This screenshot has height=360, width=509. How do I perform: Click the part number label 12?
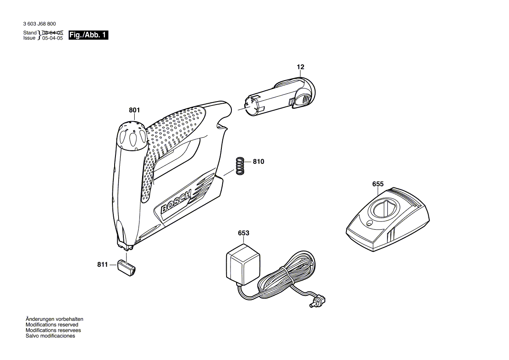pos(301,67)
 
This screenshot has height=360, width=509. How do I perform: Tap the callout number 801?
pos(135,111)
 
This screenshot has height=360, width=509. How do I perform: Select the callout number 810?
pos(258,161)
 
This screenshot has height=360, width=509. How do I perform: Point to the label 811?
pos(102,264)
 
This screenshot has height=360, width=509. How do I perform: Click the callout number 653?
pos(244,233)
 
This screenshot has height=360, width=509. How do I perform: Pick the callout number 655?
pos(378,184)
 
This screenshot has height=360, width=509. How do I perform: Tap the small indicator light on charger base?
pos(369,224)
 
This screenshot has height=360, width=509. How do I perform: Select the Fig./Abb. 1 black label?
pos(88,35)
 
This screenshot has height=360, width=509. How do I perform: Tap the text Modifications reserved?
pos(52,325)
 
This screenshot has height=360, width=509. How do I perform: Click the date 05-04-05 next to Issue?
pos(52,38)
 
